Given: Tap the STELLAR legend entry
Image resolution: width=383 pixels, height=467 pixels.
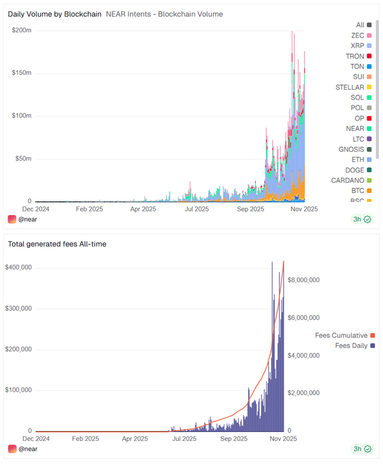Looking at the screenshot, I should coord(350,87).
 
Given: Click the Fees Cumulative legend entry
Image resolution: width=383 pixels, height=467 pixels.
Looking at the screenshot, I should coord(341,335).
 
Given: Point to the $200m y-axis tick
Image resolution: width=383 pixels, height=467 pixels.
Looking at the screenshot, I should coord(22,30).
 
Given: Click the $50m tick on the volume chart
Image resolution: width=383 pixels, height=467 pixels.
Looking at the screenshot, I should coord(22,158).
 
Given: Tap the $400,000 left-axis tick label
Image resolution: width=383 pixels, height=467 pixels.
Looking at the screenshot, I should coord(19,267).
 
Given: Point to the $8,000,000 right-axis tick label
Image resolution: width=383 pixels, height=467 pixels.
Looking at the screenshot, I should coord(303,280).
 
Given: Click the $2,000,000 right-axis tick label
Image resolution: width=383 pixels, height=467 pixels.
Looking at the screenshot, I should coord(303,393).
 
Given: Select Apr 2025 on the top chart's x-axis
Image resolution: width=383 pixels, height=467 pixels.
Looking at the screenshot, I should coord(143,209).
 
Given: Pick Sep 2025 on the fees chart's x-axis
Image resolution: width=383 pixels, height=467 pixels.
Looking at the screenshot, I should coord(234,439).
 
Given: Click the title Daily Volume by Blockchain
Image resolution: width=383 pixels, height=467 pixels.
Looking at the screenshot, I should coord(54,14).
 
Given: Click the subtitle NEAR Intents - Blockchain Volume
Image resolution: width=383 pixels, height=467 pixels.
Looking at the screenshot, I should coord(164,14).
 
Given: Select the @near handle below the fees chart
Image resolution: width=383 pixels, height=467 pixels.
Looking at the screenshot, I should coord(28,449).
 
